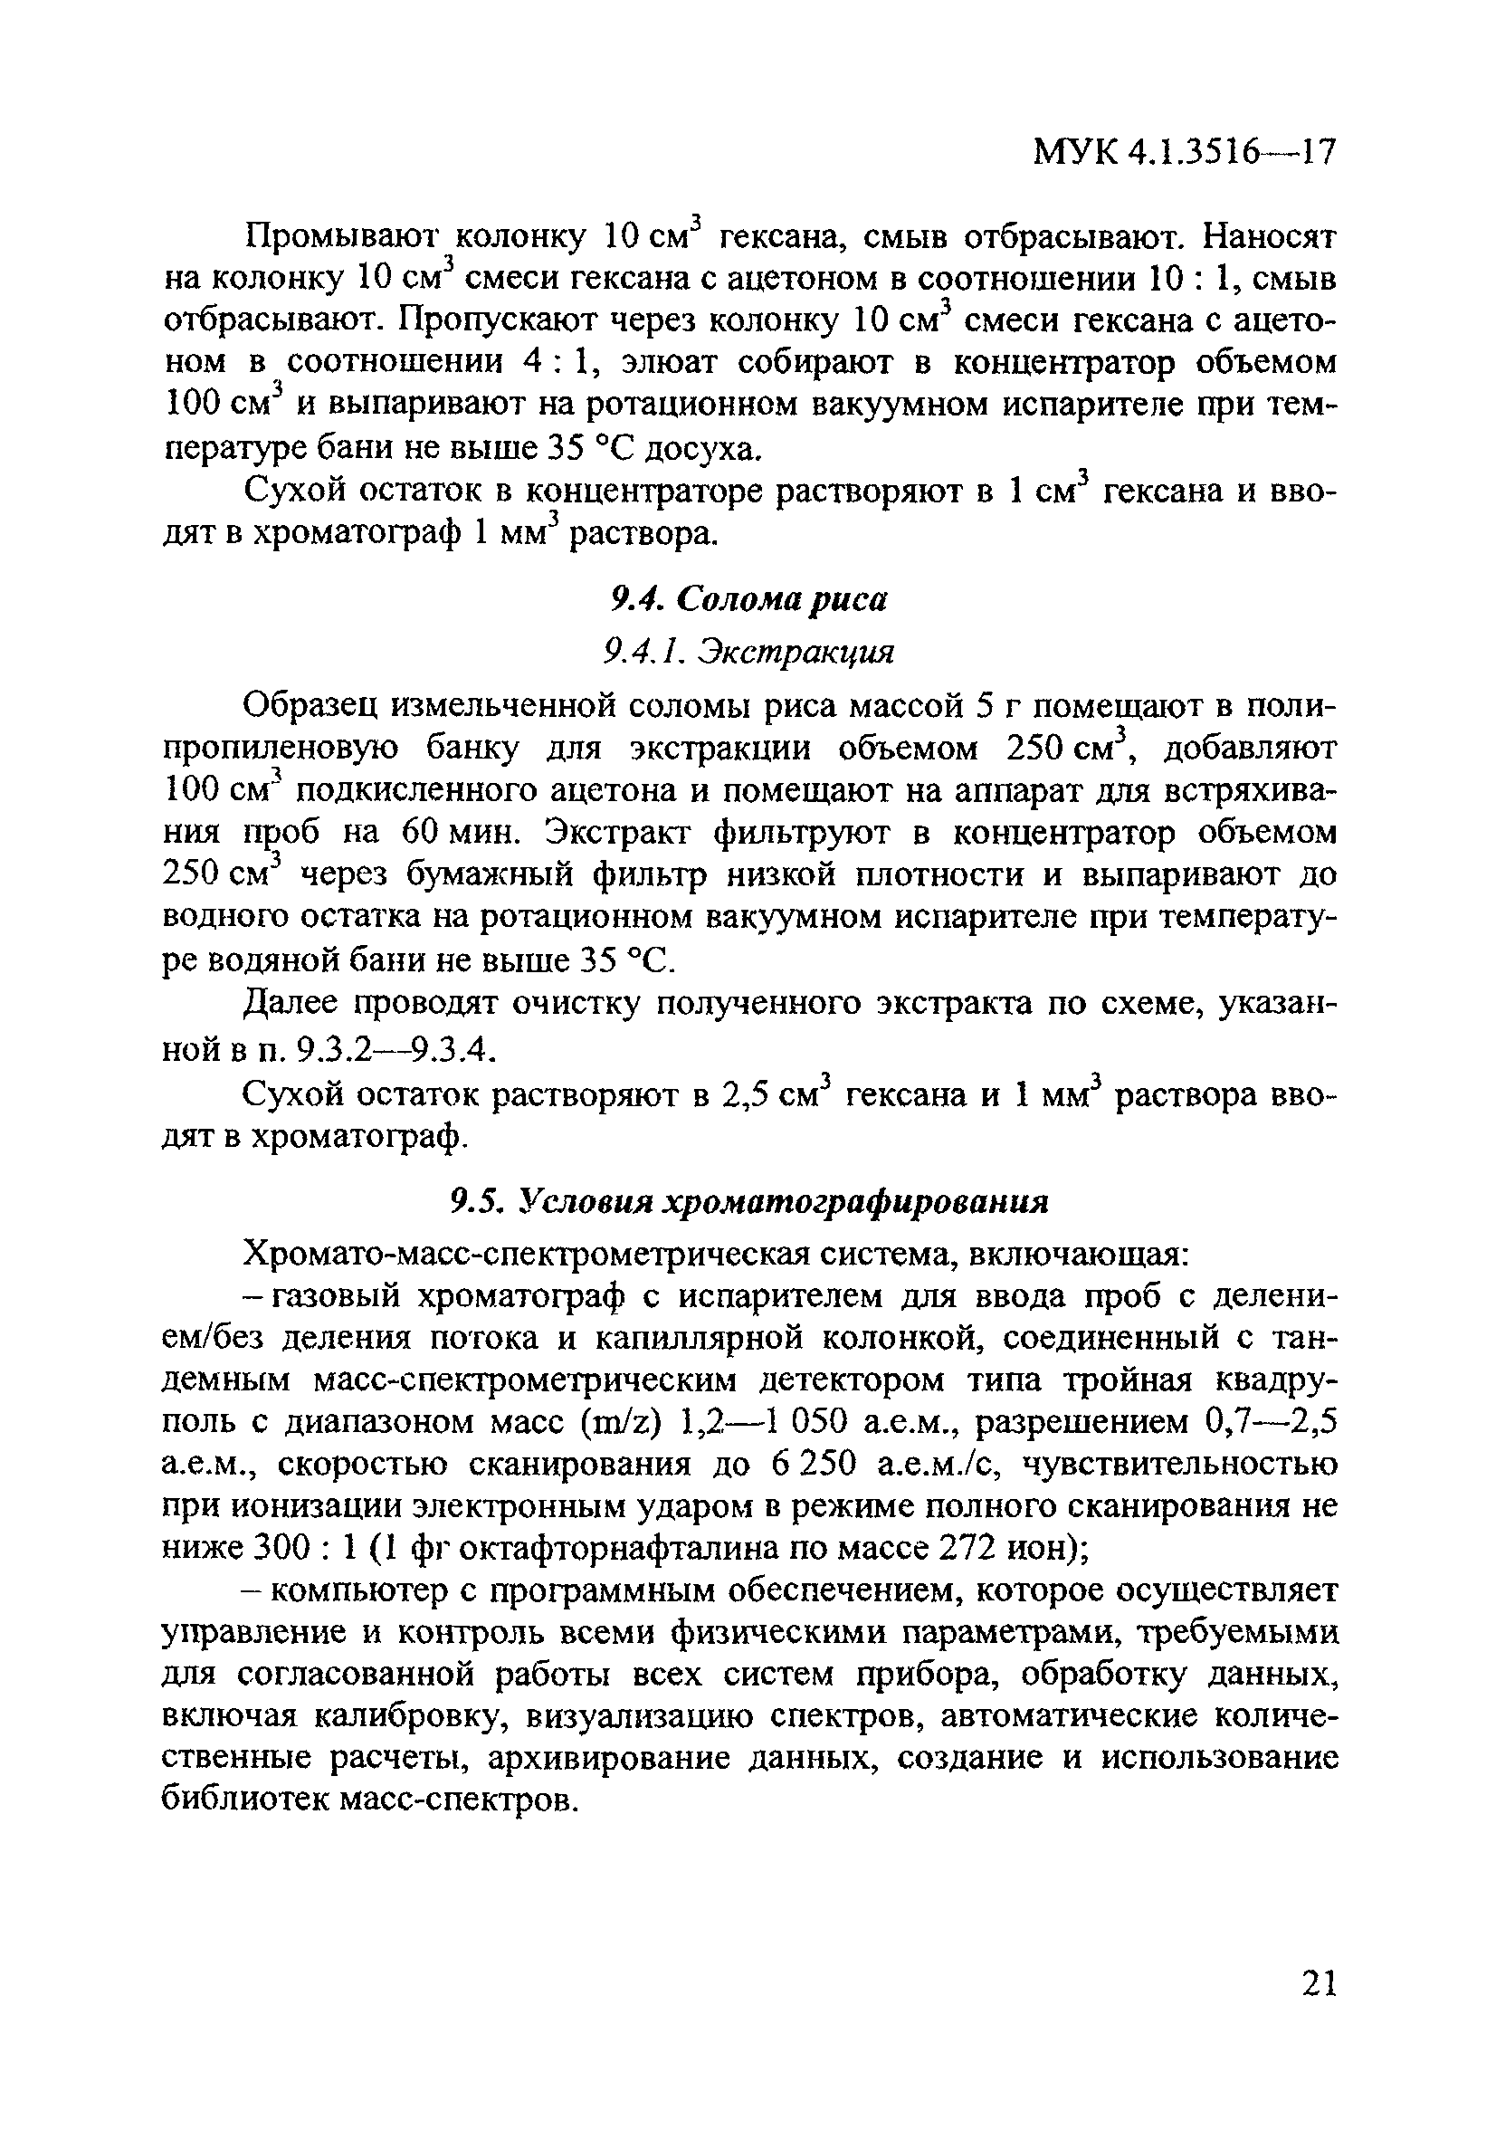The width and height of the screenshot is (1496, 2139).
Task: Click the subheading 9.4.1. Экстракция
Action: coord(748,651)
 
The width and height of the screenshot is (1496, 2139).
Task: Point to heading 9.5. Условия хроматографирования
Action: coord(748,1202)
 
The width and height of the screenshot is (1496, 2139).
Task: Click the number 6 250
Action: coord(814,1465)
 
